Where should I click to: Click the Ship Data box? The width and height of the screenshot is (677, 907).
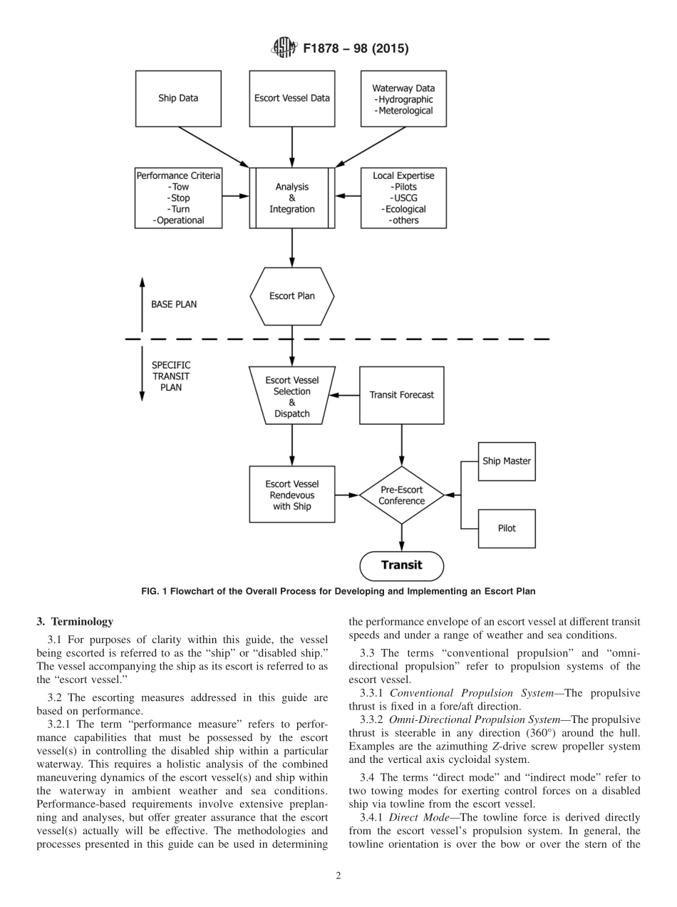[x=178, y=98]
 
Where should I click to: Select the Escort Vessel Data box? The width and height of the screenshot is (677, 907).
[x=291, y=98]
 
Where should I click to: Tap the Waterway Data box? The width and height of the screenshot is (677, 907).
[x=403, y=98]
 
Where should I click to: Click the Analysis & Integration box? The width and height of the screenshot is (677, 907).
[x=291, y=198]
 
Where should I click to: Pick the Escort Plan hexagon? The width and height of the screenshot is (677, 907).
[x=291, y=295]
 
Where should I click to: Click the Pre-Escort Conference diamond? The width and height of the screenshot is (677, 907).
[x=401, y=495]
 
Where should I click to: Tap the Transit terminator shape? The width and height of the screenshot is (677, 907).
[x=401, y=565]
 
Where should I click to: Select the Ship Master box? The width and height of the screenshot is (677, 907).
[x=506, y=461]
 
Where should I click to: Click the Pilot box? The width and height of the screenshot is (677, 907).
[x=506, y=528]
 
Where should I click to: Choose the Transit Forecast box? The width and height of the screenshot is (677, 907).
[x=401, y=395]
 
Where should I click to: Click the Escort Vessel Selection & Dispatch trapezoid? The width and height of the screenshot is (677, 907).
[x=291, y=396]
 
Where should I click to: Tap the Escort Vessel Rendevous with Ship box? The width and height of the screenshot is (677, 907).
[x=291, y=495]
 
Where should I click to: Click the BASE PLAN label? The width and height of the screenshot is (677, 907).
[x=174, y=304]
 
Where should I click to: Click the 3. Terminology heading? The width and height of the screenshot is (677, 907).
[x=75, y=622]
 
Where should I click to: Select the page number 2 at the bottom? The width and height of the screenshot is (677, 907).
[x=338, y=876]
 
